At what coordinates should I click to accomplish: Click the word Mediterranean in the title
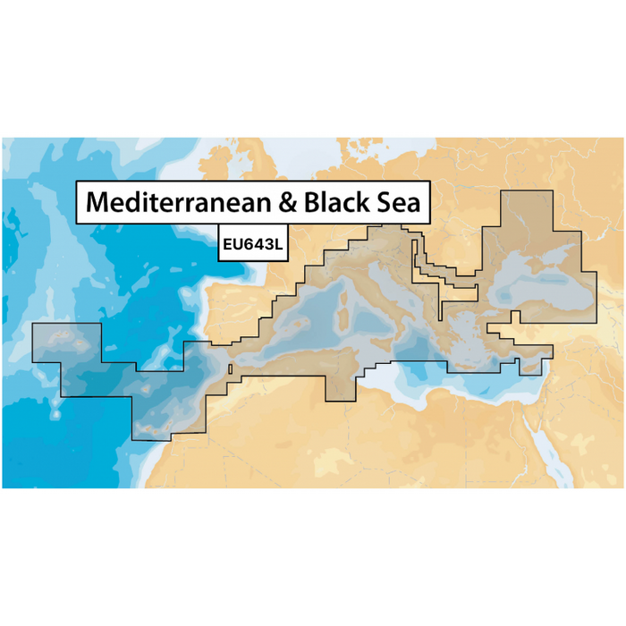[x=178, y=203]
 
